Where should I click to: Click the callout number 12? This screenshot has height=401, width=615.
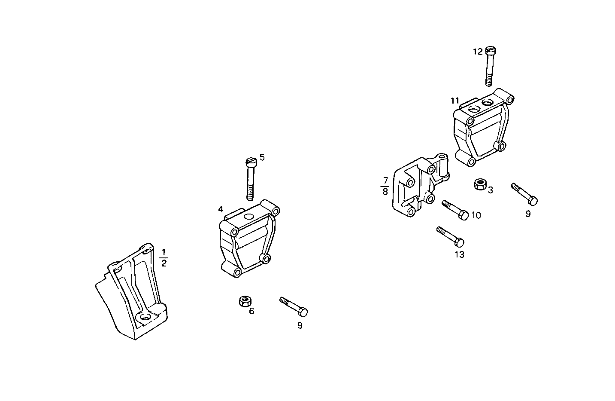478,52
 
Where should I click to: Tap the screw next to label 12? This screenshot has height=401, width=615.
491,66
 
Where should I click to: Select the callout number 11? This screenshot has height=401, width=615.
455,101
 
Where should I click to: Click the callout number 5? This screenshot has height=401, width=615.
262,157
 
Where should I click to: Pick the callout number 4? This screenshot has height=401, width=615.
220,210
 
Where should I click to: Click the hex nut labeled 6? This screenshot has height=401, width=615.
245,301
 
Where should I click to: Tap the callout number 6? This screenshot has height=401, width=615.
251,311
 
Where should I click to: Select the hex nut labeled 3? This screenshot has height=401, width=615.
479,185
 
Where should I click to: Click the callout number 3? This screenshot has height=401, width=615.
490,190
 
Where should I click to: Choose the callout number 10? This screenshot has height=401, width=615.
476,215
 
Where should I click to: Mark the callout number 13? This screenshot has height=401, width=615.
459,254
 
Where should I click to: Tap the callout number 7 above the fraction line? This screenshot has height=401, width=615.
385,180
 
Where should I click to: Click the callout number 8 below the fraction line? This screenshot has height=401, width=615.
385,192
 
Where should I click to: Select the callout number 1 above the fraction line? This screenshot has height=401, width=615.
164,252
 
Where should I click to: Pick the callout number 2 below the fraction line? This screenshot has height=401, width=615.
164,263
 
